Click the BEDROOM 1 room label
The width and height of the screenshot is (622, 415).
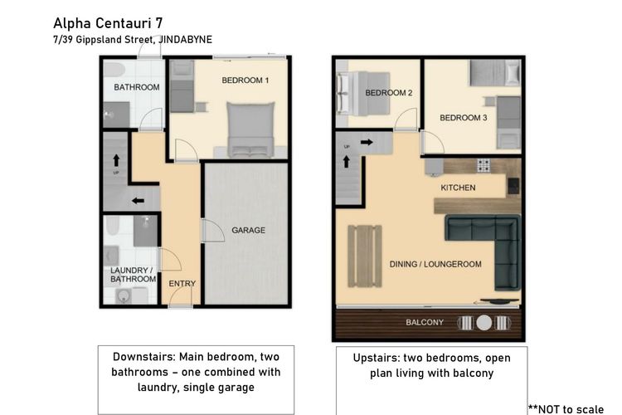click(x=245, y=81)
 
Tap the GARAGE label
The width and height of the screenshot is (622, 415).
click(x=248, y=230)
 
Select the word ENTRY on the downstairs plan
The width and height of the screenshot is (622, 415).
click(x=182, y=284)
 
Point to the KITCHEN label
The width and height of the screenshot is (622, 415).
click(x=458, y=188)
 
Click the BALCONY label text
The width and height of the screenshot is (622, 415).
click(x=425, y=322)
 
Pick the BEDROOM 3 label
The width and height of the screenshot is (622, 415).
click(x=464, y=118)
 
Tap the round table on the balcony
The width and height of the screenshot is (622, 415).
click(x=484, y=323)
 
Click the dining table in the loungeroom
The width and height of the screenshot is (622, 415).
click(x=365, y=256)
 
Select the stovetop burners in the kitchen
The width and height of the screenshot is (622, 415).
click(x=484, y=165)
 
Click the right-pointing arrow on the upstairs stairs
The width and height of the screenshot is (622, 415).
click(x=367, y=142)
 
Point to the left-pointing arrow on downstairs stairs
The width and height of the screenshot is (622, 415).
click(x=138, y=201)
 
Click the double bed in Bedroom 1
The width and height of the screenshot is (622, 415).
click(x=250, y=129)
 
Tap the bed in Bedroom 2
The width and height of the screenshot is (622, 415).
click(x=363, y=94)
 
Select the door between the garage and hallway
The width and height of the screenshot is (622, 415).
click(x=214, y=231)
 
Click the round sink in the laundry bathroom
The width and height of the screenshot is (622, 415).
click(x=124, y=295)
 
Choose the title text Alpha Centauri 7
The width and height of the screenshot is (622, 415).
click(x=108, y=23)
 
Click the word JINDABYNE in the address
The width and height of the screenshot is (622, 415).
click(x=185, y=40)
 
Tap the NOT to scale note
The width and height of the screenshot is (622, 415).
click(x=566, y=409)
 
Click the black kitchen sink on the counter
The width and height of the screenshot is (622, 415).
click(x=513, y=185)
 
